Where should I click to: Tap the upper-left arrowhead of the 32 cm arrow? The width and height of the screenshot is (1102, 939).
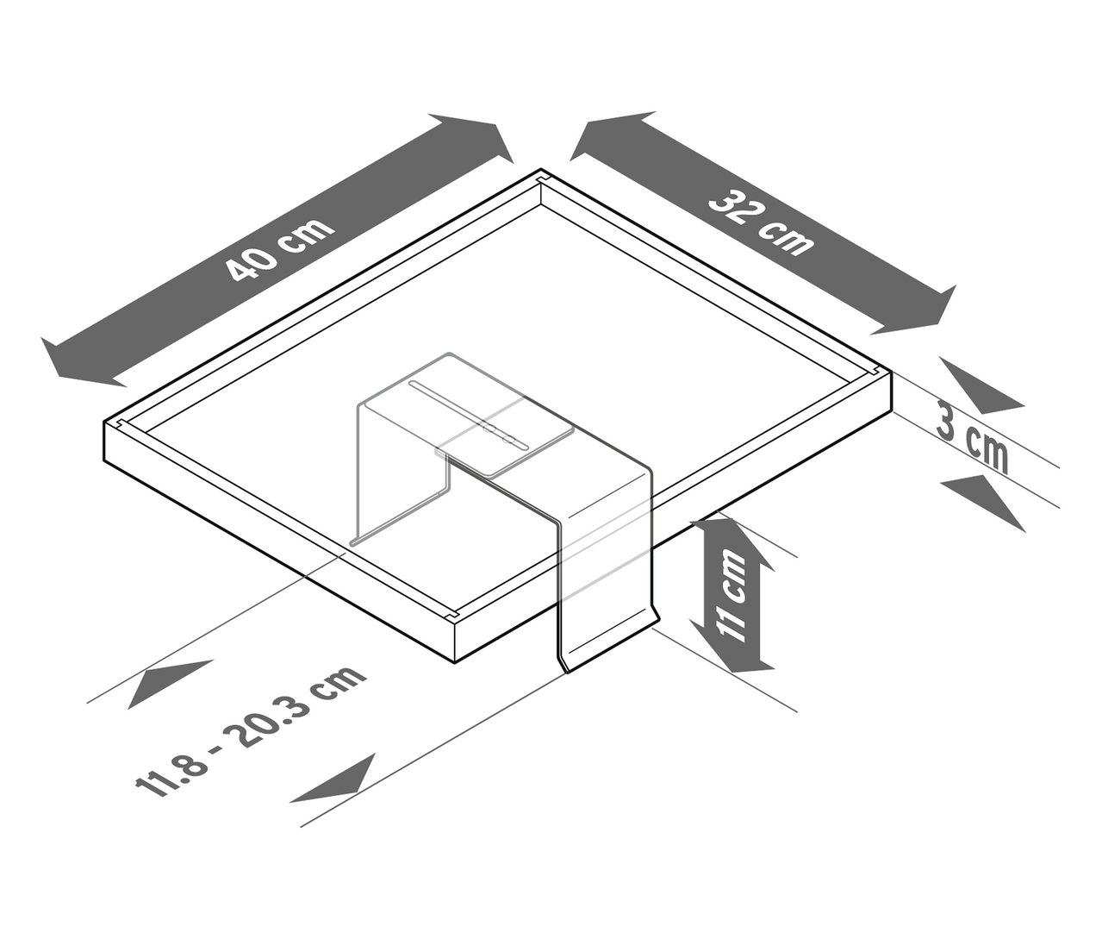click(x=603, y=136)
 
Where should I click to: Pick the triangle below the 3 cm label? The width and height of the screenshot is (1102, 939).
click(x=981, y=498)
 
